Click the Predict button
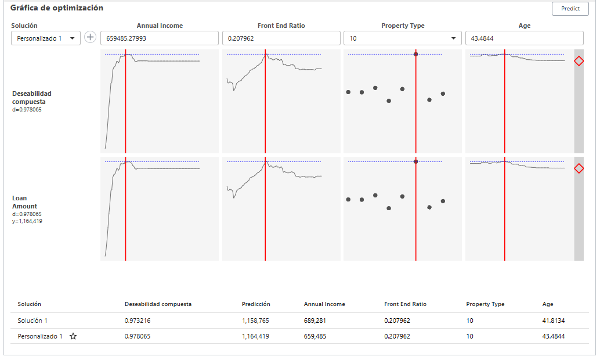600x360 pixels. point(570,9)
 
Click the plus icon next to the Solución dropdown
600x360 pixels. point(91,37)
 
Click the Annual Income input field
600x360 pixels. point(160,38)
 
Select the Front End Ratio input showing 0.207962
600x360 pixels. point(281,38)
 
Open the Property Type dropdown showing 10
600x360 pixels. point(402,38)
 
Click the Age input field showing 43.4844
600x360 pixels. point(524,38)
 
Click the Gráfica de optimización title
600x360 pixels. point(57,8)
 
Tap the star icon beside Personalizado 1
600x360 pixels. point(73,336)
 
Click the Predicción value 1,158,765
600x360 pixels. point(256,321)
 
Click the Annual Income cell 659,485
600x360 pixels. point(316,336)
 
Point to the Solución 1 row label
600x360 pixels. point(32,321)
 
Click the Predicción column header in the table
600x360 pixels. point(256,304)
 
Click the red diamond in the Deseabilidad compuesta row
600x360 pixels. point(579,61)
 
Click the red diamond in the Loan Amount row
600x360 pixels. point(579,168)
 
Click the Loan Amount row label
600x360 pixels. point(24,202)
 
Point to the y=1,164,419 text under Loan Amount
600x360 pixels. point(27,221)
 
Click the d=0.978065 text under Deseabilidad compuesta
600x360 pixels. point(27,109)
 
